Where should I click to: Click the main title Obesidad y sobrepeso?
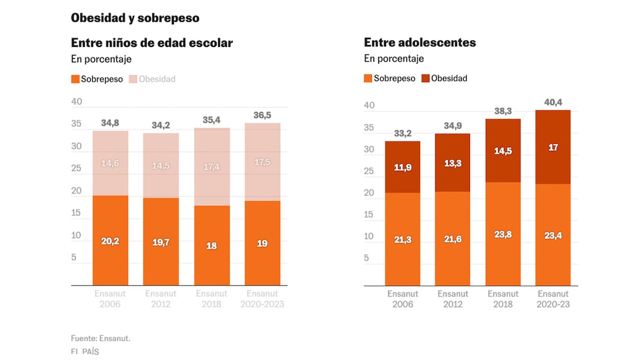(135, 18)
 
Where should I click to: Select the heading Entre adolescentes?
(420, 42)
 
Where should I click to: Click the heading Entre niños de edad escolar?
(151, 43)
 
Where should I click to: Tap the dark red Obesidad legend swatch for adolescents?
(425, 78)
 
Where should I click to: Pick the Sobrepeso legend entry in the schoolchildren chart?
(97, 79)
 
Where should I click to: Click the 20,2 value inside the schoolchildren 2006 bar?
(110, 241)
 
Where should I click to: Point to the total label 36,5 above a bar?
(262, 115)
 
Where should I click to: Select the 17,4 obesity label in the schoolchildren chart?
(212, 167)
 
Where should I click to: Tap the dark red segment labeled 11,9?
(403, 167)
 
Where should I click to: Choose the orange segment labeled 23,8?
(503, 234)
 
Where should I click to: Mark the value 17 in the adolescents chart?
(553, 147)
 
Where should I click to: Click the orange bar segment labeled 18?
(212, 246)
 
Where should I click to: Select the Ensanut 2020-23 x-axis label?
(553, 299)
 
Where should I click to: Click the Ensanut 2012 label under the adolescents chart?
(453, 299)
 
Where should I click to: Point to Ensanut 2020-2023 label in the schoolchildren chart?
(262, 299)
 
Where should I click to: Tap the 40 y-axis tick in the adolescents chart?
(370, 106)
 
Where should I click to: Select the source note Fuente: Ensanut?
(100, 338)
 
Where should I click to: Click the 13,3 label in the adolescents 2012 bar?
(453, 163)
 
